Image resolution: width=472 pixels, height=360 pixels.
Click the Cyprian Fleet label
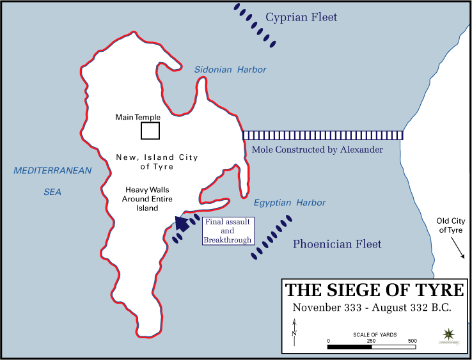tap(301, 18)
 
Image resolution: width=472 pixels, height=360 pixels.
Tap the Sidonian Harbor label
tap(230, 70)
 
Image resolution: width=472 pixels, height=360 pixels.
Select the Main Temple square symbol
tap(150, 130)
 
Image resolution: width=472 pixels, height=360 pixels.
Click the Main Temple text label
tap(138, 118)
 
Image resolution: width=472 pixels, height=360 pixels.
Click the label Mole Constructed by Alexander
tap(318, 150)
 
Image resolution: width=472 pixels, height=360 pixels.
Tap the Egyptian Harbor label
tap(289, 203)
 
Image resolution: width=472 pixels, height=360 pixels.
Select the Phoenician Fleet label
tap(337, 244)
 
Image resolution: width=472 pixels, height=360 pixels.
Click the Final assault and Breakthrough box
tap(228, 231)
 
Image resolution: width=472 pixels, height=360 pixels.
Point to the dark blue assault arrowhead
tap(183, 223)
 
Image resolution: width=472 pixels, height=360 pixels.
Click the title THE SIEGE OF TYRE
tap(374, 290)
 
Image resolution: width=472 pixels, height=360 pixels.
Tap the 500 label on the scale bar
tap(413, 341)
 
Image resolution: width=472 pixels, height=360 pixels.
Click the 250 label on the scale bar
tap(370, 341)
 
